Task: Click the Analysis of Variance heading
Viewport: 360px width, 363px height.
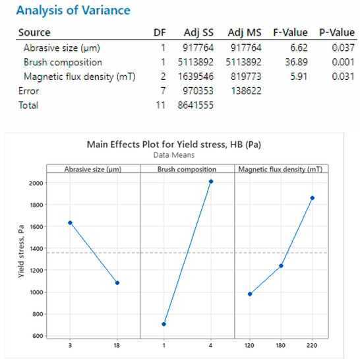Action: (74, 11)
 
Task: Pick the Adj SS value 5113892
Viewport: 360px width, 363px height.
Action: (197, 62)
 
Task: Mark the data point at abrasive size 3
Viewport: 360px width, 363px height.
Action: (70, 222)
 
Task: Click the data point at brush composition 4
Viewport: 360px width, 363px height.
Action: (211, 181)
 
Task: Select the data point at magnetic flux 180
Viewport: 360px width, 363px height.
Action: (282, 266)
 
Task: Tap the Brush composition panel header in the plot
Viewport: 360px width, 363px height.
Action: (187, 170)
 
